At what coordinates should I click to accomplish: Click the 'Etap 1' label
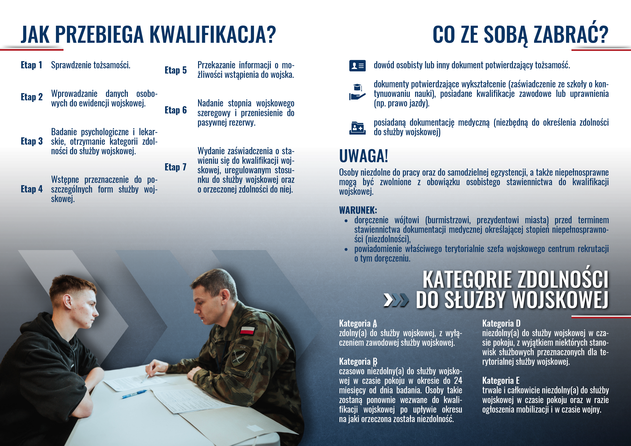point(32,65)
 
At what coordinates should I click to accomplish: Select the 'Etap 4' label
point(32,189)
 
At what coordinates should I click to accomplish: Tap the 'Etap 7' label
point(175,167)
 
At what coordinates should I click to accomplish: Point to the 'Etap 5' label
point(175,70)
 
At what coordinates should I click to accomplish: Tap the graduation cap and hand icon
point(357,92)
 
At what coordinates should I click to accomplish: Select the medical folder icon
point(357,128)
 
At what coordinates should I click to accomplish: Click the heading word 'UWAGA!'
point(363,156)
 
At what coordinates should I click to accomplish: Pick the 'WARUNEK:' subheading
point(358,210)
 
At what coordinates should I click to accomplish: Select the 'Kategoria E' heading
point(501,381)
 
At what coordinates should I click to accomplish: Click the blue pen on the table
point(134,394)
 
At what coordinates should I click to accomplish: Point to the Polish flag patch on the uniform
point(247,330)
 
